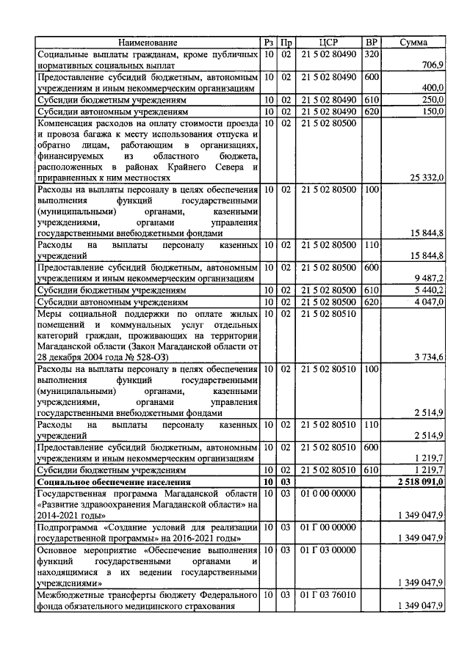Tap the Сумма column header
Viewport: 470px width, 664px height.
413,43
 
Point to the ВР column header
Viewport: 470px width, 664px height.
372,43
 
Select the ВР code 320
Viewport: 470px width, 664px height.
372,54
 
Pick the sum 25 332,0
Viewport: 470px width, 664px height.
424,177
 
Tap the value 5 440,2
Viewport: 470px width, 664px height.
428,291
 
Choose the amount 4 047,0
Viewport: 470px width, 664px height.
428,302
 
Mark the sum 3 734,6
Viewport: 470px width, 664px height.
428,357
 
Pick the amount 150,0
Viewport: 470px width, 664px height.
432,111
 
